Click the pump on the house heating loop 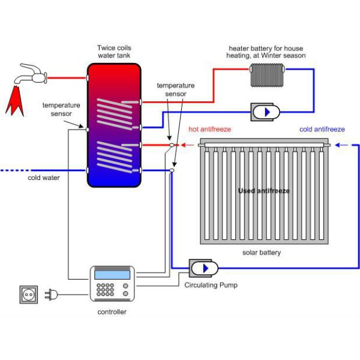266,112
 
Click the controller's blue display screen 112,275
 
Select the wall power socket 29,295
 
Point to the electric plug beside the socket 52,295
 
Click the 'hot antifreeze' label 209,129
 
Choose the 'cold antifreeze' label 322,129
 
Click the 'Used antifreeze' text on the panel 263,191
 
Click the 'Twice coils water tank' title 115,52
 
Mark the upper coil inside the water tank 114,111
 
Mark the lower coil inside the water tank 114,157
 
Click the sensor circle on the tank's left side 88,128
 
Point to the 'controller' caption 112,312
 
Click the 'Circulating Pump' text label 211,286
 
